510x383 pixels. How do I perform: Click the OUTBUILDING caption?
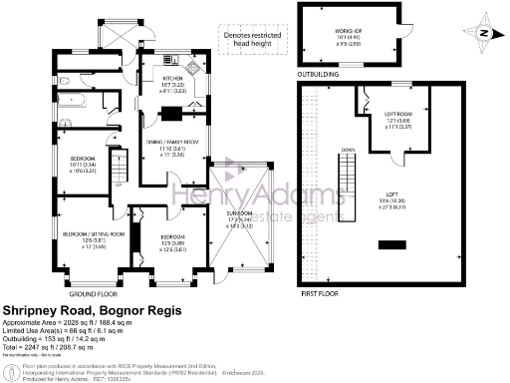322,72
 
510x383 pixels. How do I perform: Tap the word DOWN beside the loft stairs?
348,151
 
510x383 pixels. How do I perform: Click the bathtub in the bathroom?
73,100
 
